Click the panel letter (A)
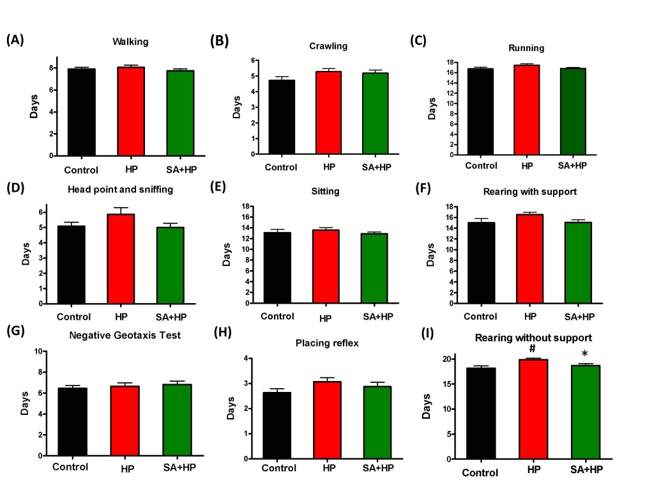(x=15, y=40)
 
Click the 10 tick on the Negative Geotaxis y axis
(x=39, y=351)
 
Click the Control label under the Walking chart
(x=81, y=170)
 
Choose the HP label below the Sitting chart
(x=325, y=319)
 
